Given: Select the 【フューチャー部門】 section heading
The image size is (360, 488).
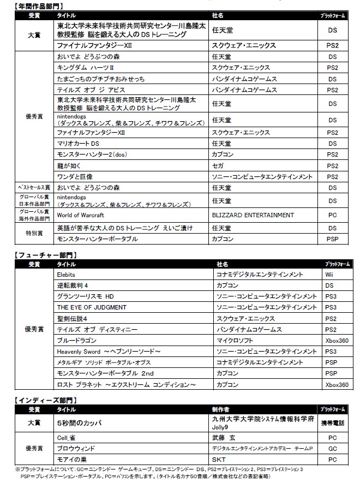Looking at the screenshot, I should tap(41, 254).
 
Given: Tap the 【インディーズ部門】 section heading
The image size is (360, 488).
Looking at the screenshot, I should tap(41, 400).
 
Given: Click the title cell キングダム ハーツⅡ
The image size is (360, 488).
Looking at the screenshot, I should tap(85, 68).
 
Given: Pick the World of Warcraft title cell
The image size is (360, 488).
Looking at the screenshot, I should tap(80, 215).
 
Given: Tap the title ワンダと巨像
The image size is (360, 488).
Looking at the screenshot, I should tap(75, 176).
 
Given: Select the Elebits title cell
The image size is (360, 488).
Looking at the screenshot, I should tap(66, 275).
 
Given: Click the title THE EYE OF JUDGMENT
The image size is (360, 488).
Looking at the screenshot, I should tap(92, 307).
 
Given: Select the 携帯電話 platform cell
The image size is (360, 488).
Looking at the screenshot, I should tap(332, 422).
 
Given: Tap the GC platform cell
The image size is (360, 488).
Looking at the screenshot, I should tap(332, 449).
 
